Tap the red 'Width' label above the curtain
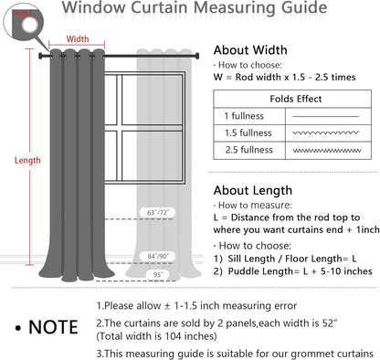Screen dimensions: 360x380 [78, 39]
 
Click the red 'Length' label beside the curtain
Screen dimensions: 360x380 [27, 160]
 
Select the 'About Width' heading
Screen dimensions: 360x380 [249, 50]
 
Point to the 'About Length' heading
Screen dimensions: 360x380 [253, 190]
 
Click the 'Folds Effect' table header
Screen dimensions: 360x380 [295, 99]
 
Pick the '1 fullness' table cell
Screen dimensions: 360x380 [244, 116]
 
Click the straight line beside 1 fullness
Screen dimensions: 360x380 [324, 116]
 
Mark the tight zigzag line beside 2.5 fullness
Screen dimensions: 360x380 [324, 149]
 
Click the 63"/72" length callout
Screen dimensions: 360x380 [156, 212]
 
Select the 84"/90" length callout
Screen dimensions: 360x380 [156, 257]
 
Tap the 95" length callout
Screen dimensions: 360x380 [156, 274]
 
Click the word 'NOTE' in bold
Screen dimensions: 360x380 [52, 326]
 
